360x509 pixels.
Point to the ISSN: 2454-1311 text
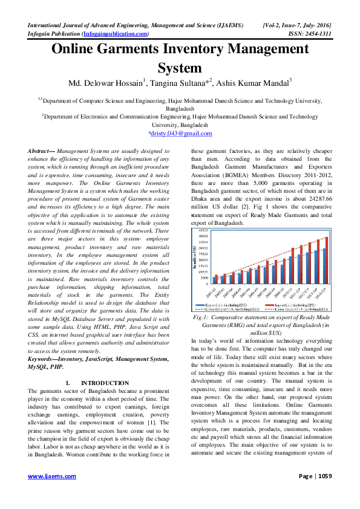coord(307,34)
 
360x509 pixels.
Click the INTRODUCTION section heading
coord(105,383)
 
